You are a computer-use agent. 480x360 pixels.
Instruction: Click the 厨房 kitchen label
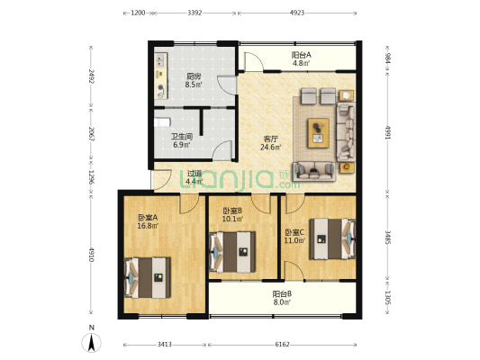click(194, 76)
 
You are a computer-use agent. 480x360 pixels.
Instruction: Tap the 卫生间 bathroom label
click(182, 138)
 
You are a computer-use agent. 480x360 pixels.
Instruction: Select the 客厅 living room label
click(270, 139)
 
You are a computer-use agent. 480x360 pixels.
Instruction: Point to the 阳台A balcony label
click(302, 56)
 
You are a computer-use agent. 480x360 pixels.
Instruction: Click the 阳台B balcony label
click(283, 293)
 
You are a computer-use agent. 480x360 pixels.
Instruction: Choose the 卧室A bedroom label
click(148, 218)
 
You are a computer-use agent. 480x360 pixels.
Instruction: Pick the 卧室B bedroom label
click(231, 212)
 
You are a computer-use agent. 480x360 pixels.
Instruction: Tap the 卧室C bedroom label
click(295, 232)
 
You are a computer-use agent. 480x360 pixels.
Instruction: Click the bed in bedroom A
click(148, 276)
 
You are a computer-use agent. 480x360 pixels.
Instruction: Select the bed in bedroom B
click(233, 247)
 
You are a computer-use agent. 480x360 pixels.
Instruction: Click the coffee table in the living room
click(319, 132)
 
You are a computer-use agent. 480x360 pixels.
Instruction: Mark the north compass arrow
click(91, 342)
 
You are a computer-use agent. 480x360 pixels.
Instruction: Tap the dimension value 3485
click(387, 238)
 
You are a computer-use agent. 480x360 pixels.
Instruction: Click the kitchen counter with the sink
click(162, 76)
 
